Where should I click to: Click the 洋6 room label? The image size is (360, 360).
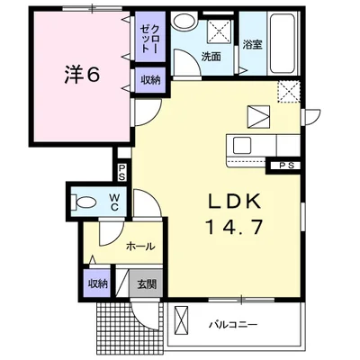tap(80, 76)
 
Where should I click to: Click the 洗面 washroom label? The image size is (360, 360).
tap(211, 56)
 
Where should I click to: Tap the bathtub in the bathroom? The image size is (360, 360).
tap(282, 45)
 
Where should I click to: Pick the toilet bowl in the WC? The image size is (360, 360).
tap(83, 200)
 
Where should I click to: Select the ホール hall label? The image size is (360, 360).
tap(139, 246)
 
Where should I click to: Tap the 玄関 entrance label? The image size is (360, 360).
tap(147, 284)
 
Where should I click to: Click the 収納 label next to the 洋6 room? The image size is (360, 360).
tap(148, 81)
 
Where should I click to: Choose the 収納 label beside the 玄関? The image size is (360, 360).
tap(98, 284)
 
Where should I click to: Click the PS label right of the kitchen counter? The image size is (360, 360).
tap(286, 166)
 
